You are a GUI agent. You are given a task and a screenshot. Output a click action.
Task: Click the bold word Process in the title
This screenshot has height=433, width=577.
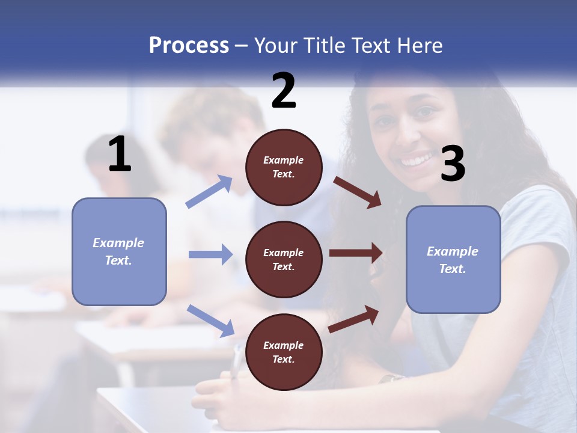point(189,46)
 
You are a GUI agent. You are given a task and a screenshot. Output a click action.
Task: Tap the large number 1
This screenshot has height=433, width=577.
point(120,155)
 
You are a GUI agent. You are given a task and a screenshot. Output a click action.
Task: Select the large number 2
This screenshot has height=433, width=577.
point(284,91)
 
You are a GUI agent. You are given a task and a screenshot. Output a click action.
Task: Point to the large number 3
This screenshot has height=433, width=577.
point(453,165)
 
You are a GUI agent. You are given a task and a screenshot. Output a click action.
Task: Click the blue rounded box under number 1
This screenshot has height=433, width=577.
point(119,251)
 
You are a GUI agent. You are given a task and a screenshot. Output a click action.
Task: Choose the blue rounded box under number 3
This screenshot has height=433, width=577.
point(453,260)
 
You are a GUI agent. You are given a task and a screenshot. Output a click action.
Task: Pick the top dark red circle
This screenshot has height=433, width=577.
point(284,167)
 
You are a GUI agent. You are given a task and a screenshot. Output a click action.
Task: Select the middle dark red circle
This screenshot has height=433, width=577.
point(284,260)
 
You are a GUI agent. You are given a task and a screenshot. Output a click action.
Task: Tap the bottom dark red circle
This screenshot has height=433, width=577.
point(284,352)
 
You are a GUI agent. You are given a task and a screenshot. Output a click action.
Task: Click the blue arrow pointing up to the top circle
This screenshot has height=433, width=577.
point(209,191)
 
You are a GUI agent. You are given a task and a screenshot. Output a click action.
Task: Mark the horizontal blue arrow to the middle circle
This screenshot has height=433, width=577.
point(210,254)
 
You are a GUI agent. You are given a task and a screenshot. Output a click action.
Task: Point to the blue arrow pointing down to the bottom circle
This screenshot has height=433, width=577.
point(210,320)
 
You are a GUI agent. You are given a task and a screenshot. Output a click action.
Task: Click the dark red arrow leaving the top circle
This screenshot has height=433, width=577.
point(358,192)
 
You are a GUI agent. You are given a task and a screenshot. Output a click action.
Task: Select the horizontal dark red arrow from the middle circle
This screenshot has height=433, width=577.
point(356,253)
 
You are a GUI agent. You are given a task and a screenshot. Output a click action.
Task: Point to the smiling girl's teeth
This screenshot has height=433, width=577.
point(416,161)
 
